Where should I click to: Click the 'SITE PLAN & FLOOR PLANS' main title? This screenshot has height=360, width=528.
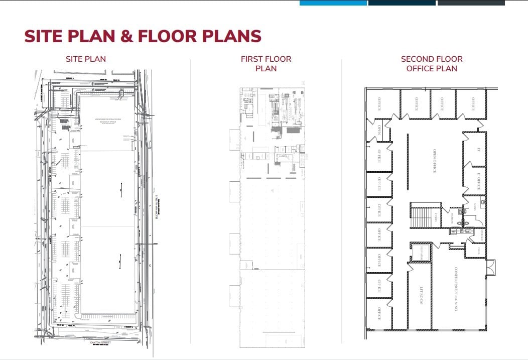pyautogui.click(x=143, y=37)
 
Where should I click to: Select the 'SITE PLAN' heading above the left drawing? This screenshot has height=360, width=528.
pyautogui.click(x=86, y=59)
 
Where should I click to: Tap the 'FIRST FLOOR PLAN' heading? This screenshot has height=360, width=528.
pyautogui.click(x=266, y=64)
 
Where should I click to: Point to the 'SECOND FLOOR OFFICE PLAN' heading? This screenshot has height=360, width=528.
pyautogui.click(x=432, y=64)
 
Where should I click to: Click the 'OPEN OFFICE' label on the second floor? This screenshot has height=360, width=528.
pyautogui.click(x=435, y=161)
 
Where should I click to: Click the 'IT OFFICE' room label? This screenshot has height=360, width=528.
pyautogui.click(x=479, y=180)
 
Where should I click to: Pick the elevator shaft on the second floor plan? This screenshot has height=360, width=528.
pyautogui.click(x=420, y=253)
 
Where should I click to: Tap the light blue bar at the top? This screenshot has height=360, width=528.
pyautogui.click(x=333, y=3)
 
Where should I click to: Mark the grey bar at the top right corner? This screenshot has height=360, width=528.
pyautogui.click(x=471, y=3)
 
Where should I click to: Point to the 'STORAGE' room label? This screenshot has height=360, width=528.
pyautogui.click(x=480, y=235)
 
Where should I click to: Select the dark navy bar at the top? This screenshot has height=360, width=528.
pyautogui.click(x=402, y=3)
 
